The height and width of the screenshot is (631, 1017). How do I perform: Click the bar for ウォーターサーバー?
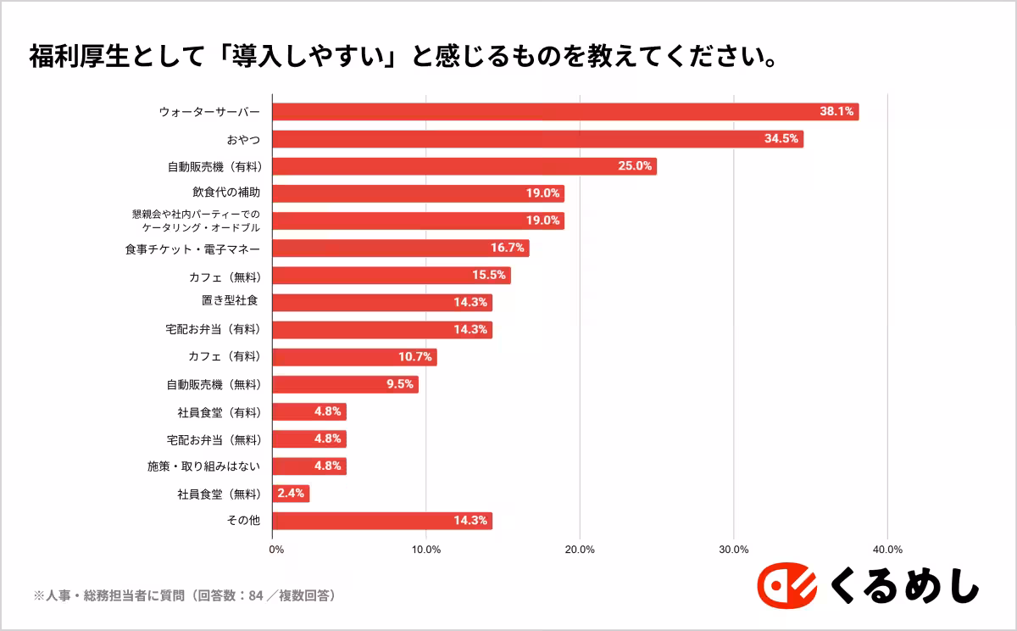[x=565, y=112]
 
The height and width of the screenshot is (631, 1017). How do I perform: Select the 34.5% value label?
[x=781, y=139]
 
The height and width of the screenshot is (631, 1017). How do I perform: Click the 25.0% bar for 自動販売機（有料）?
[x=464, y=166]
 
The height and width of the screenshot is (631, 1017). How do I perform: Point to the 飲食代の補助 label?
[x=225, y=193]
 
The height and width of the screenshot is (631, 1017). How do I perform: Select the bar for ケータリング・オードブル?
[x=418, y=221]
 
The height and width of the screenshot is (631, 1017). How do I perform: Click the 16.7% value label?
[x=507, y=248]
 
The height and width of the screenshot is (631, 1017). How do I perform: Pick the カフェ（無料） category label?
[x=224, y=276]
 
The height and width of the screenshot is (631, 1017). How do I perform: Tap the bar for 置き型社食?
[x=382, y=303]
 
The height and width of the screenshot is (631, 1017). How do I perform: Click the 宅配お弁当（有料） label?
[x=213, y=330]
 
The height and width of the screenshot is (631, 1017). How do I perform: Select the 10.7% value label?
[x=415, y=357]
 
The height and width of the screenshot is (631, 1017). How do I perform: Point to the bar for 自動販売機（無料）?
[x=345, y=384]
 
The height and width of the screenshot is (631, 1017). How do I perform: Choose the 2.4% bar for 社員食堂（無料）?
[x=291, y=494]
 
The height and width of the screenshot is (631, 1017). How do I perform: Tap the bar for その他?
[x=382, y=521]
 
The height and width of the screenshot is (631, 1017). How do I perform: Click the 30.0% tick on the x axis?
[x=733, y=550]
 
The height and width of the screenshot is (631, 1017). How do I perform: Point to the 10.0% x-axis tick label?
[x=426, y=550]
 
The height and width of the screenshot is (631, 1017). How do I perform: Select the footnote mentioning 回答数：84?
[x=185, y=596]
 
